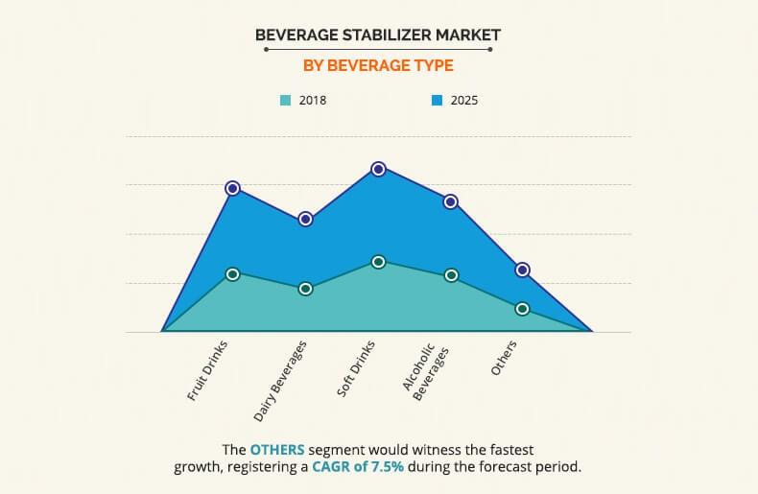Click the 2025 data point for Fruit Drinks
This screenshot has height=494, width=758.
(232, 188)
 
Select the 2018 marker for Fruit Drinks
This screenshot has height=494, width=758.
(232, 274)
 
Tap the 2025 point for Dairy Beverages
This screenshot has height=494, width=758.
(305, 219)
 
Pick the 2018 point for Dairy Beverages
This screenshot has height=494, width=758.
(305, 289)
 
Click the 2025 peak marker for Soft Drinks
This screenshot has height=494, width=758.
(378, 169)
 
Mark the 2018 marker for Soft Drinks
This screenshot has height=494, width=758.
(378, 262)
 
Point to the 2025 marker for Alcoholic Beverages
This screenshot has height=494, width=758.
(450, 201)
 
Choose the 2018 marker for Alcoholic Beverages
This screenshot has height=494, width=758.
(450, 276)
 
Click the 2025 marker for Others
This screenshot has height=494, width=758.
(523, 270)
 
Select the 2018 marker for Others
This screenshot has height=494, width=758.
(523, 309)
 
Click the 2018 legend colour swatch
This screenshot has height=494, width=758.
(285, 99)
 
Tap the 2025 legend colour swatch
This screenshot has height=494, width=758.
(436, 99)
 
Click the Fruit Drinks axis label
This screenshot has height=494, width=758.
(210, 370)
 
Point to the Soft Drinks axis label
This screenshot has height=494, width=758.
(356, 368)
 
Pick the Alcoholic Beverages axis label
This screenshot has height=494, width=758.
(425, 372)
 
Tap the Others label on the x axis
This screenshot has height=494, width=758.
(505, 358)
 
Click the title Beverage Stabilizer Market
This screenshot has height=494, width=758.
(378, 35)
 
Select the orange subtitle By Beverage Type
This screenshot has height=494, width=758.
(378, 65)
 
